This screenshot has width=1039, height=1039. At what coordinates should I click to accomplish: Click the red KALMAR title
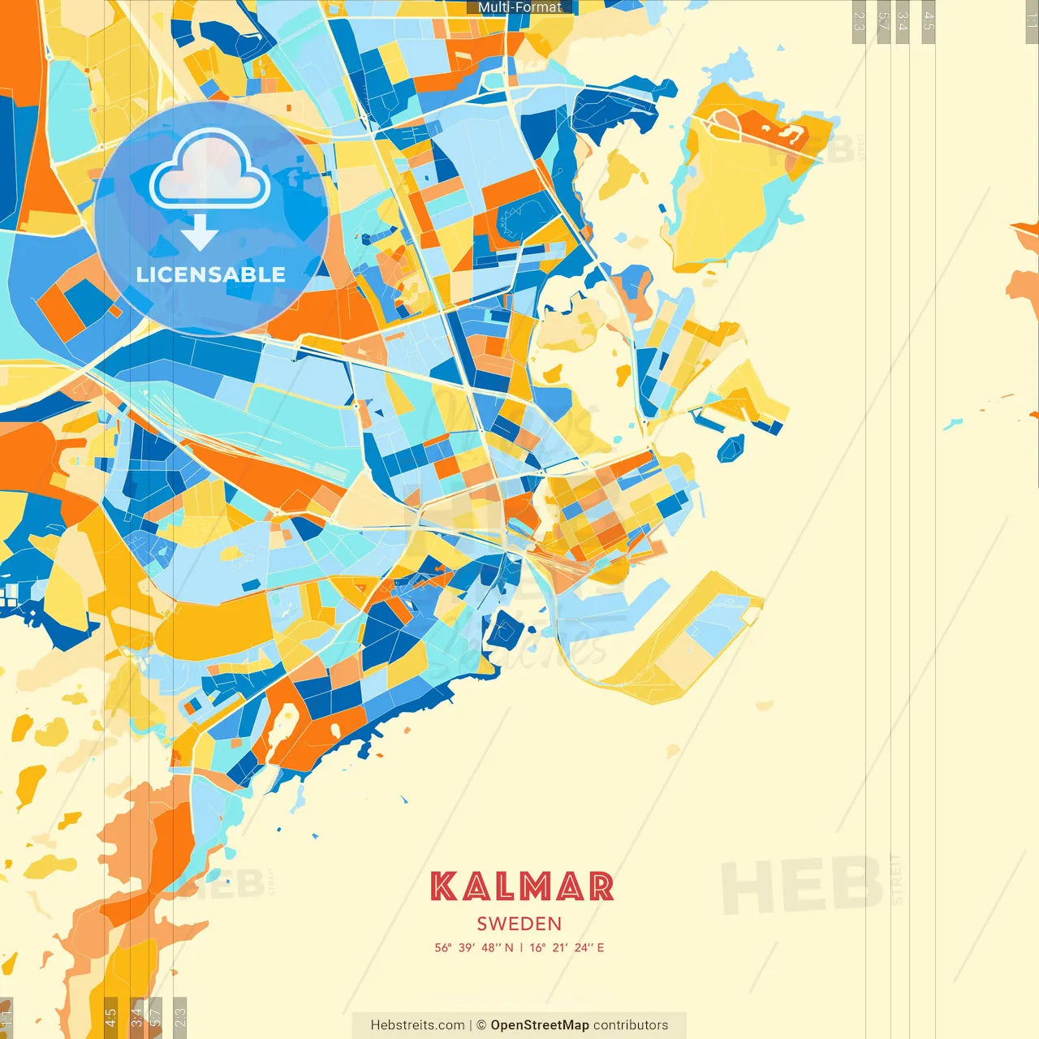point(521,886)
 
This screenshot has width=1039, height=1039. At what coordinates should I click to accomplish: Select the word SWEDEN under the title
point(519,924)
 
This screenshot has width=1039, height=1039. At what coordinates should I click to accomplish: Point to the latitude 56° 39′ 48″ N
point(474,947)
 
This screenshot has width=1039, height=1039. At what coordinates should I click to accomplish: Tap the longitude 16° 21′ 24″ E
point(567,947)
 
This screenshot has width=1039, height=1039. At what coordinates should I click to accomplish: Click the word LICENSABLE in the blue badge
point(211,274)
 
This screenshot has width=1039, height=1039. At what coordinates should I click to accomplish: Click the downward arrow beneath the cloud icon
point(199,233)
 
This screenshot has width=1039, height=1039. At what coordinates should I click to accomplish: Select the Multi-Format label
point(519,7)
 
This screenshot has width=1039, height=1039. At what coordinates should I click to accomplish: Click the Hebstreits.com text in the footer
point(417,1025)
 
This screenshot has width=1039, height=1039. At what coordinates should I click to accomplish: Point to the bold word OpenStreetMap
point(540,1025)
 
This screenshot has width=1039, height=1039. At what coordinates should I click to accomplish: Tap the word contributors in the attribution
point(631,1025)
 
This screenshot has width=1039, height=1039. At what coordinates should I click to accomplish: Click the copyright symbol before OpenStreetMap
point(481,1025)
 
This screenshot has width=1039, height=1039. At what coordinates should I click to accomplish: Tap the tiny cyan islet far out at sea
point(952,424)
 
